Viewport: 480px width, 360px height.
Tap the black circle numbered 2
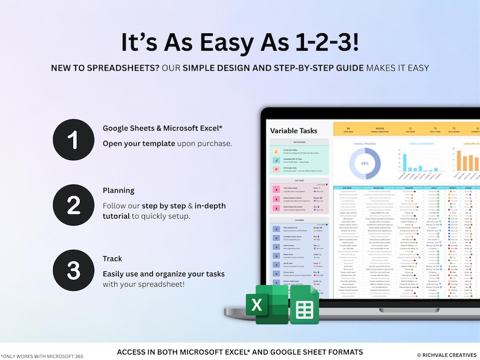(73, 205)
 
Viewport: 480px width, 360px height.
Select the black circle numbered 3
(73, 271)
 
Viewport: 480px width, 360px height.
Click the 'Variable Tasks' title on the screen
(293, 130)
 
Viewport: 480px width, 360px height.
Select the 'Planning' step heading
(118, 190)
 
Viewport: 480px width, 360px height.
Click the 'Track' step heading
(112, 259)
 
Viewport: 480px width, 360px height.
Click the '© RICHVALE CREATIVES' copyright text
(446, 355)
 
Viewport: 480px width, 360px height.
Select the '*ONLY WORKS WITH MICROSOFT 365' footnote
(42, 356)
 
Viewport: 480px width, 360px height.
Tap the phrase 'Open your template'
(139, 143)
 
